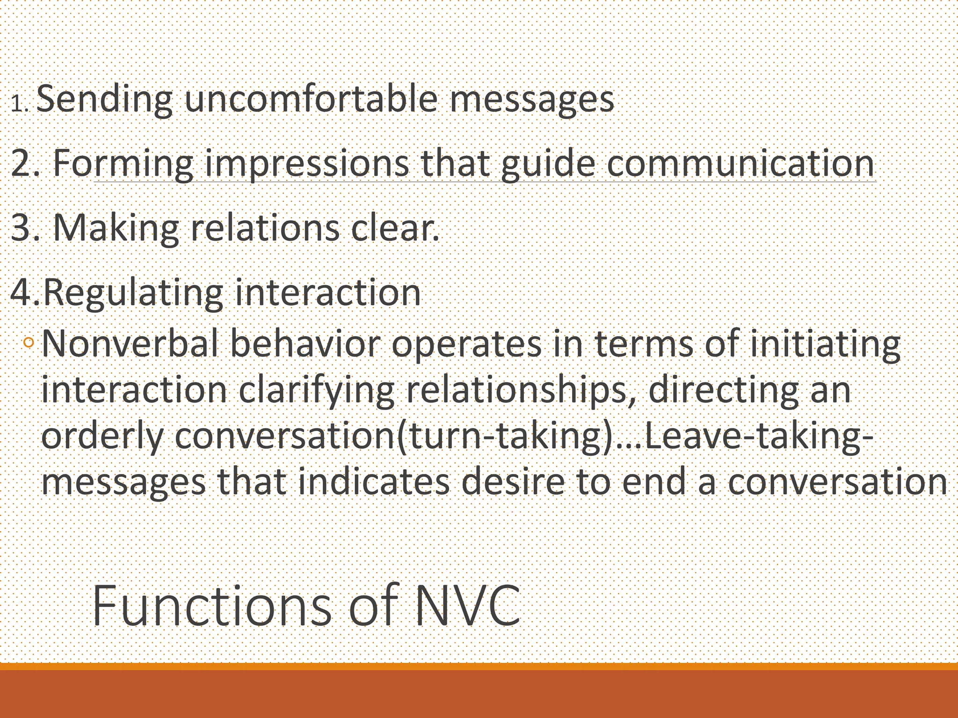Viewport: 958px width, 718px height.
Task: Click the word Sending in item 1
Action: tap(104, 100)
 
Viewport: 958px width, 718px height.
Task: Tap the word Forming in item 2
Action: tap(123, 164)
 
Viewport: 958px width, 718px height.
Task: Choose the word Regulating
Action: tap(133, 293)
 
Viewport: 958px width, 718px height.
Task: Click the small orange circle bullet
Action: tap(29, 343)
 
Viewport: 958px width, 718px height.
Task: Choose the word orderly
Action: tap(102, 437)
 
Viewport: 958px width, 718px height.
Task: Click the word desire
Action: tap(513, 482)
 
